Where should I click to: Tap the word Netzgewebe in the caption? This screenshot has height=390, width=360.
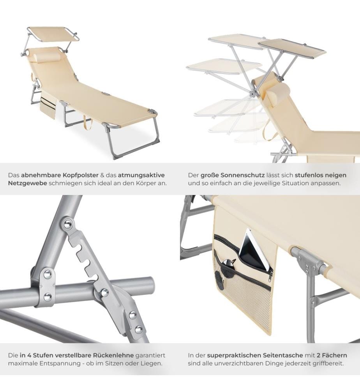(x=27, y=183)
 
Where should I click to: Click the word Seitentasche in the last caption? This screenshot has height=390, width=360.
(x=284, y=355)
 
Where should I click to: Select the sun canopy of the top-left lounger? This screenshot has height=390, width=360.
(x=53, y=34)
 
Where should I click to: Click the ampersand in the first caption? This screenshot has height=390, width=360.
(x=102, y=175)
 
